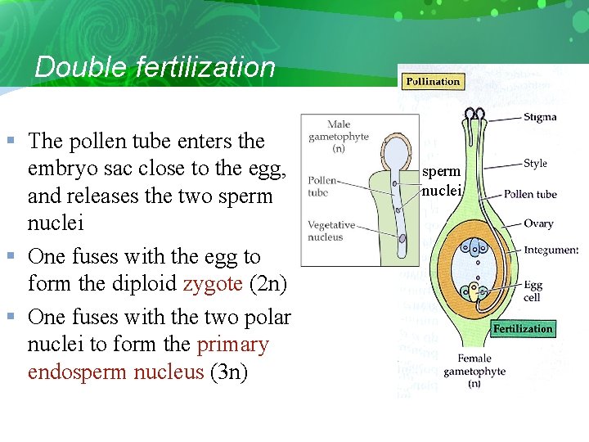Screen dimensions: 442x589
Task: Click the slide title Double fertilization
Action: (155, 67)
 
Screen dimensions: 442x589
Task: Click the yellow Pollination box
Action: (433, 81)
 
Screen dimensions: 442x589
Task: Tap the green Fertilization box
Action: (523, 328)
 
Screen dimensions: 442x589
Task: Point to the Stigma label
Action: (540, 117)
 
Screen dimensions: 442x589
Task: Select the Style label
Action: (535, 164)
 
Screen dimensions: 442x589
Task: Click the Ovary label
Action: (538, 223)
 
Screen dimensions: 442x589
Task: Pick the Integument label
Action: (551, 250)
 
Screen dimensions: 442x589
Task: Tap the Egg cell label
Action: (533, 291)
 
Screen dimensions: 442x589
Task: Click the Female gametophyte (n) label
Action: (474, 371)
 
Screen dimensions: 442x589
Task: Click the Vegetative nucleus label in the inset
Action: (331, 230)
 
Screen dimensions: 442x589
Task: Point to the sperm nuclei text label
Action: (442, 181)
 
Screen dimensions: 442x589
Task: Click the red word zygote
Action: (213, 285)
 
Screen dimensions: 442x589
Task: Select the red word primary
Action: (233, 345)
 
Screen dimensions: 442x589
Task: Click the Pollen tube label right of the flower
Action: (530, 194)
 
